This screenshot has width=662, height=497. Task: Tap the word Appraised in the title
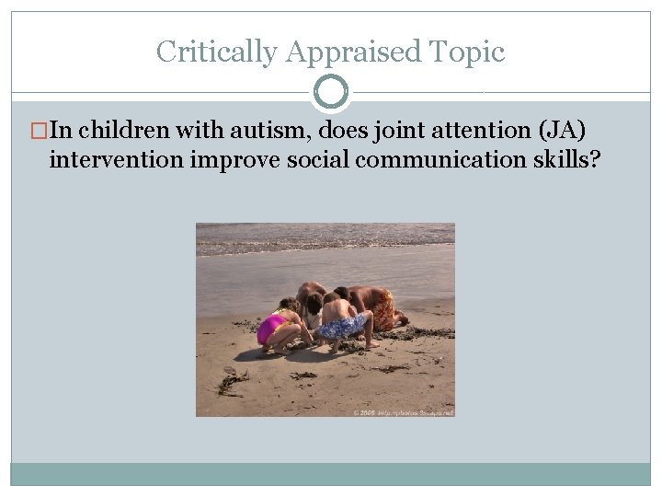(x=355, y=52)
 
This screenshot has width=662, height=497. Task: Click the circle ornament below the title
(x=331, y=92)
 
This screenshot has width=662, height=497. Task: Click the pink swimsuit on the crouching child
(x=271, y=327)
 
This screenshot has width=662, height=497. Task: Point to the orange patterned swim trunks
(x=384, y=308)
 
